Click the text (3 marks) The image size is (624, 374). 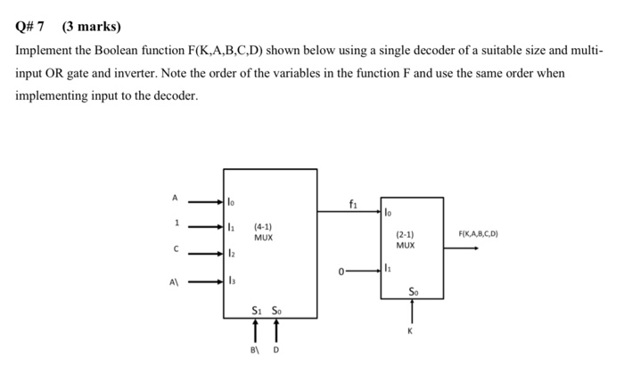(x=91, y=27)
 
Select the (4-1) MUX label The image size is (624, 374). (x=264, y=232)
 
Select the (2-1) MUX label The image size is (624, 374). (x=405, y=239)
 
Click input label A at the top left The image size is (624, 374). (x=176, y=197)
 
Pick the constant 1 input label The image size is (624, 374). (x=177, y=223)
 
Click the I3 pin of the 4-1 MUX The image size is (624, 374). (x=232, y=281)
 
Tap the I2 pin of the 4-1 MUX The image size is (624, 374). (x=232, y=254)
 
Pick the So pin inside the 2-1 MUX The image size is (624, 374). (x=412, y=291)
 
